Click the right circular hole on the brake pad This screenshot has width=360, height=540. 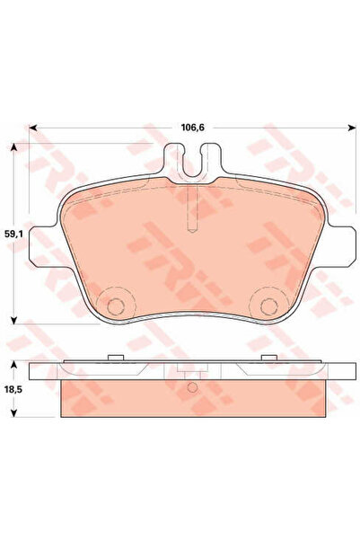pyautogui.click(x=268, y=305)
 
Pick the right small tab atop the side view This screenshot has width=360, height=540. pyautogui.click(x=268, y=359)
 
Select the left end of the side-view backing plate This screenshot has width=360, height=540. pyautogui.click(x=33, y=370)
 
